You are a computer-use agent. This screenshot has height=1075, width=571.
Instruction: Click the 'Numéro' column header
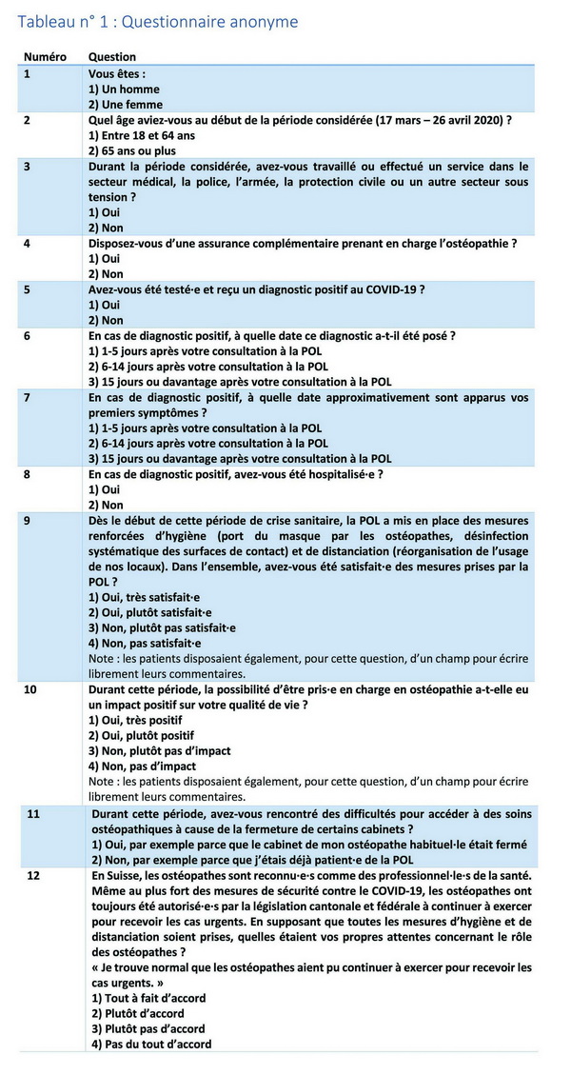pos(45,57)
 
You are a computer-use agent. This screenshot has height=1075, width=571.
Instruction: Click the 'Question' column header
pos(111,57)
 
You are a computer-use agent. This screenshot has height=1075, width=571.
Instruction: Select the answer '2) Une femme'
pos(126,105)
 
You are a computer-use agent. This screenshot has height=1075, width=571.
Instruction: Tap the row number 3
pos(28,167)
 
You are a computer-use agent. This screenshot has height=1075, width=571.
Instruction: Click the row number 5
pos(28,289)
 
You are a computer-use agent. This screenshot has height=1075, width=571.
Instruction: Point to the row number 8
pos(28,473)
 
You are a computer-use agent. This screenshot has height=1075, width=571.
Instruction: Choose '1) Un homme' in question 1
pos(125,89)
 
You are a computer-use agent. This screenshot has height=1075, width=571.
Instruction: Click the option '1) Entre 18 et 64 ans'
pos(142,135)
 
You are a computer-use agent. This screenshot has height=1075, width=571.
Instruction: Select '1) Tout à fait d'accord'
pos(148,998)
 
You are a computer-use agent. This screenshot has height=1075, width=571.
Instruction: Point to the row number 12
pos(33,875)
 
